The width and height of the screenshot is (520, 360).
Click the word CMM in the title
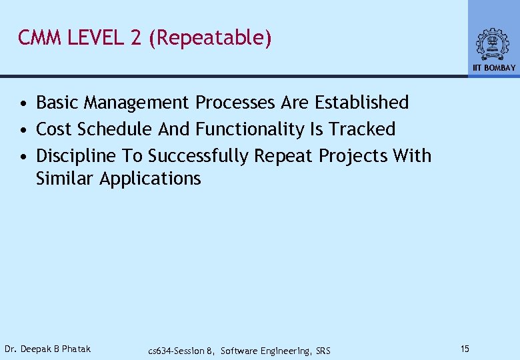coord(39,38)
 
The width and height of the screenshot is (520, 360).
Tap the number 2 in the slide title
coord(136,38)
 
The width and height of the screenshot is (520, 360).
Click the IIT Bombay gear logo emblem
coord(493,44)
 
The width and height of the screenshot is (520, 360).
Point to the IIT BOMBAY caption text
coord(494,68)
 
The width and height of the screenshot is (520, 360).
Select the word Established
coord(361,103)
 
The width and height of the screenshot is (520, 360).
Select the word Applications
coord(150,179)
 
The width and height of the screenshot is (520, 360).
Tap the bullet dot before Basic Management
coord(23,104)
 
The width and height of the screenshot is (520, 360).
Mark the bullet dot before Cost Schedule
coord(23,130)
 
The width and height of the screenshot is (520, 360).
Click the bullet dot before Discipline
coord(23,157)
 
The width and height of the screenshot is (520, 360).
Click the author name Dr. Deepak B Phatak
coord(47,349)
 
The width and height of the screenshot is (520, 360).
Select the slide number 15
coord(465,349)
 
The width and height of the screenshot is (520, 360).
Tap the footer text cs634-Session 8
coord(181,351)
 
